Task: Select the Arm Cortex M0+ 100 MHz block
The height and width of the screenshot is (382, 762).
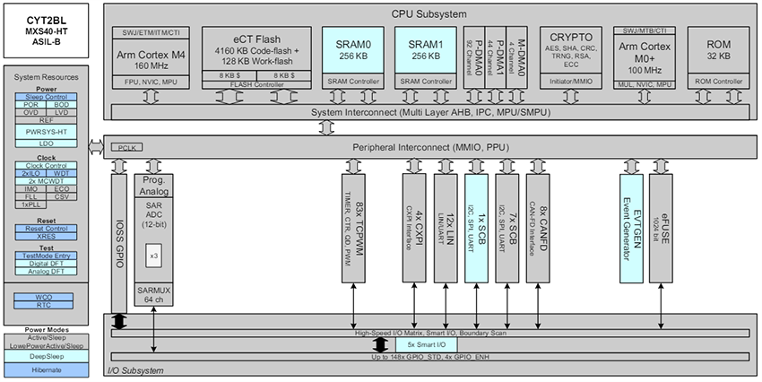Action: coord(644,58)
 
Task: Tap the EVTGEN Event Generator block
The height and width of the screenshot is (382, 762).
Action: coord(633,229)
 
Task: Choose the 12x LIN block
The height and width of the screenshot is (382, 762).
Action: coord(446,229)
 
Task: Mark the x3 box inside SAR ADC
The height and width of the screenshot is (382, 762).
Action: coord(154,256)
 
